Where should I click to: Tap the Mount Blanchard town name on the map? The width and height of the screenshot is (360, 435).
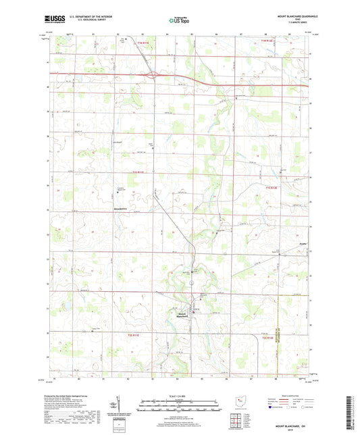[x=182, y=314]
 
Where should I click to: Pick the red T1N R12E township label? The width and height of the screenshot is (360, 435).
[x=269, y=42]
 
